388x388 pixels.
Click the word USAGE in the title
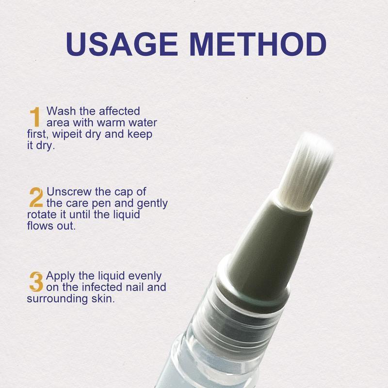tap(125, 45)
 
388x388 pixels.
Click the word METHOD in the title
tap(260, 45)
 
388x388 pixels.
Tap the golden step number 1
tap(34, 117)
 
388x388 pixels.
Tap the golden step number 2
tap(36, 197)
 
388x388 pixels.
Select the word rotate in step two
tap(41, 214)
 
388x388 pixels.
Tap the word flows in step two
tap(39, 226)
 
